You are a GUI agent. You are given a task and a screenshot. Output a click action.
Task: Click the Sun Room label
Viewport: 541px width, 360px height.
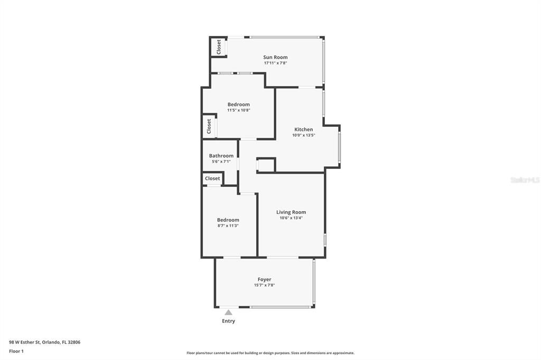click(x=275, y=57)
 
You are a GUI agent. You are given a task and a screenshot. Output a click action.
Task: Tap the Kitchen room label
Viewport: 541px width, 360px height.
click(x=303, y=129)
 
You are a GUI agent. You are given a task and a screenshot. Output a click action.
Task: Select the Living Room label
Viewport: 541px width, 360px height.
click(x=291, y=212)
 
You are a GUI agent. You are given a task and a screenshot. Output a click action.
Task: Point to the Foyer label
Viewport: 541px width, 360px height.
click(x=264, y=280)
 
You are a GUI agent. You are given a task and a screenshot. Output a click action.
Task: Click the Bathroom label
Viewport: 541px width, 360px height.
click(x=221, y=156)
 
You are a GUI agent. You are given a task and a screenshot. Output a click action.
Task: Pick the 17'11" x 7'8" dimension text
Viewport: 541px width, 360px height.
click(x=275, y=63)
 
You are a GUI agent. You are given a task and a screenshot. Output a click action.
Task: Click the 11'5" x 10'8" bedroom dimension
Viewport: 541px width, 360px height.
click(x=238, y=110)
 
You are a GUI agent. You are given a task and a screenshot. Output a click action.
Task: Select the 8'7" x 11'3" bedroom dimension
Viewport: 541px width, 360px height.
click(x=228, y=225)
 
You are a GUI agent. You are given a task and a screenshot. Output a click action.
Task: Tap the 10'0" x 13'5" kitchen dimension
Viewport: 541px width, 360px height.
click(x=303, y=135)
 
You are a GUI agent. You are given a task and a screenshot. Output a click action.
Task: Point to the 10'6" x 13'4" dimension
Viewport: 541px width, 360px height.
click(x=291, y=218)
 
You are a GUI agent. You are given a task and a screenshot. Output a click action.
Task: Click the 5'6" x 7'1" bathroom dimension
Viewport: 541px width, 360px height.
click(x=221, y=162)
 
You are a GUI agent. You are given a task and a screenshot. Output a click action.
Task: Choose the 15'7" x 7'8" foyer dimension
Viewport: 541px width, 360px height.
click(x=264, y=286)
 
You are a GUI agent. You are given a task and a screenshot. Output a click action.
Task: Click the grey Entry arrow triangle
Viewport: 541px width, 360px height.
click(x=228, y=312)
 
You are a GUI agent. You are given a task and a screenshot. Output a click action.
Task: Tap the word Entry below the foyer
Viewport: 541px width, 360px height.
click(x=228, y=321)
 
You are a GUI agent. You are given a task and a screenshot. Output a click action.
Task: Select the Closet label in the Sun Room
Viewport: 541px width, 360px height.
click(x=219, y=47)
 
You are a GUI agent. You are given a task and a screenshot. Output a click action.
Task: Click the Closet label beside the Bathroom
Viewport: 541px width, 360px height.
click(x=212, y=178)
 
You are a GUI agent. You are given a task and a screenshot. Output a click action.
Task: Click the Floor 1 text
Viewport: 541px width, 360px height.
click(x=16, y=351)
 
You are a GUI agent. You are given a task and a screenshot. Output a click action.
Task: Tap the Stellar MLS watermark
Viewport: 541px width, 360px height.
click(x=525, y=180)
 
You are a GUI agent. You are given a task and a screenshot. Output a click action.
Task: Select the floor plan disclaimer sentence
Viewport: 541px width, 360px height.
click(x=270, y=353)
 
